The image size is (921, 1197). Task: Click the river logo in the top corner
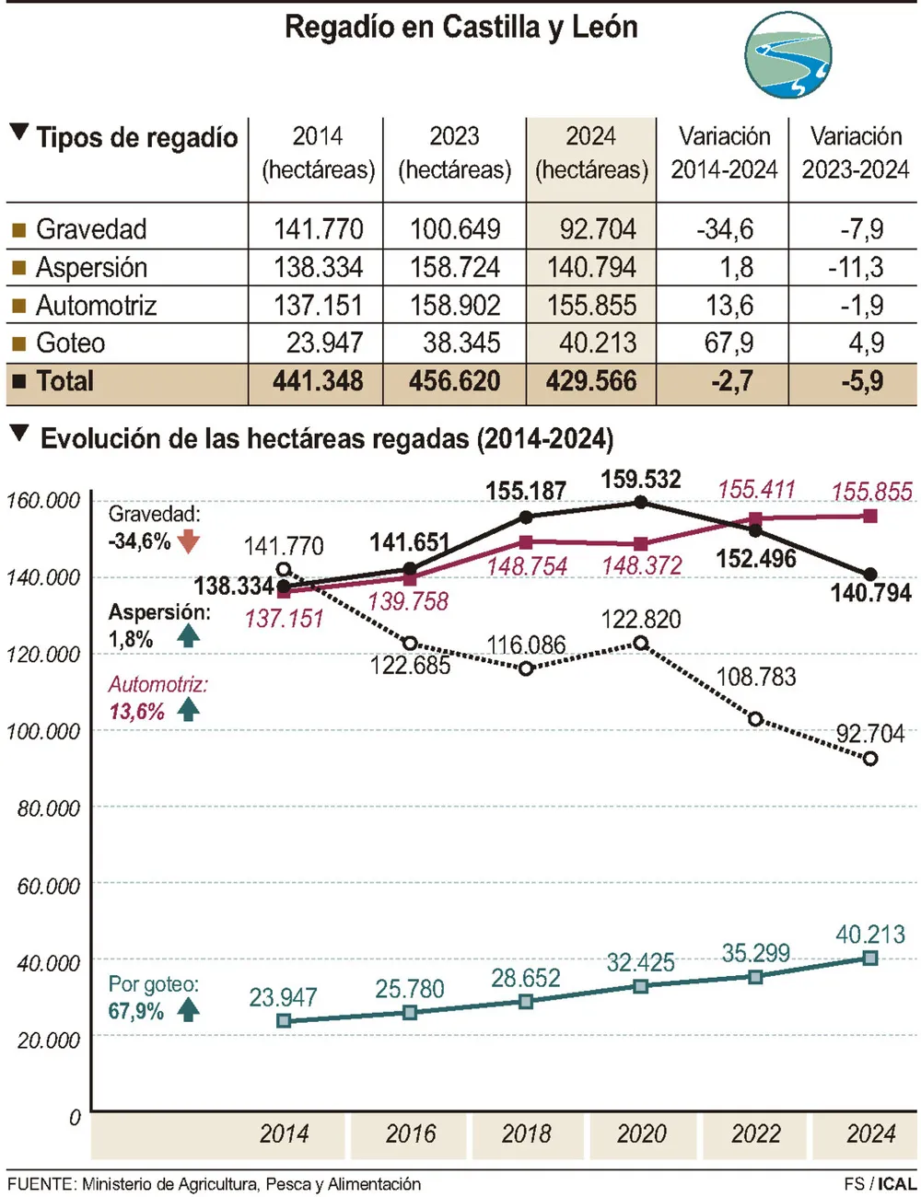pos(787,56)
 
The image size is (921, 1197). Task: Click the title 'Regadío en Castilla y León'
pos(460,27)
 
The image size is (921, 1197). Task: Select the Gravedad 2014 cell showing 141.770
pos(318,228)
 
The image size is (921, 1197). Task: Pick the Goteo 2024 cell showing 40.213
pos(597,343)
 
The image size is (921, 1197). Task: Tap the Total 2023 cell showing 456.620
pos(454,381)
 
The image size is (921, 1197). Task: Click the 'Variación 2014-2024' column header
pos(724,153)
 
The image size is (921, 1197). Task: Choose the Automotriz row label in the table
pos(96,305)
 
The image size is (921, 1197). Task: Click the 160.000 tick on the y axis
pos(43,501)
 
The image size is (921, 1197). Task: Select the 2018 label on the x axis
pos(526,1133)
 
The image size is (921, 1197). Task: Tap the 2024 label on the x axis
pos(870,1133)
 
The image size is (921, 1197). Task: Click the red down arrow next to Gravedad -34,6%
pos(189,541)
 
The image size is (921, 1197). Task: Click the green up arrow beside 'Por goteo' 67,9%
pos(189,1010)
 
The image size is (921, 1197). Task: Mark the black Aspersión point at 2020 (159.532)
pos(641,503)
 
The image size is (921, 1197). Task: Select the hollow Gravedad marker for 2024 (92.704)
pos(870,759)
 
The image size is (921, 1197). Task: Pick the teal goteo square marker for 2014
pos(284,1020)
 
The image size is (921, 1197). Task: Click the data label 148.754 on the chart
pos(527,566)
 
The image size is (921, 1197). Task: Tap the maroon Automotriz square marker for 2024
pos(870,516)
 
